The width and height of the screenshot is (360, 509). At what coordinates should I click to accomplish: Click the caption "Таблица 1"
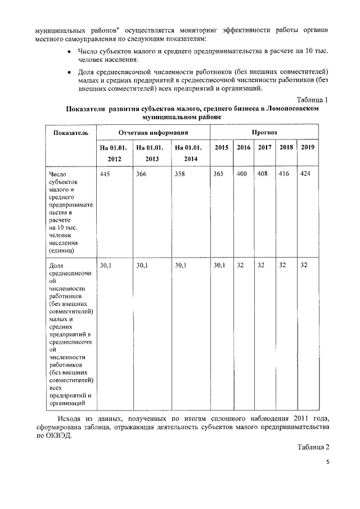tap(309, 100)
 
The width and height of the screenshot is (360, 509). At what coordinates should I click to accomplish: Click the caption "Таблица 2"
tap(309, 447)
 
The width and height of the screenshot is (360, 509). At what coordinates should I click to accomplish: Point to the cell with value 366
tap(142, 174)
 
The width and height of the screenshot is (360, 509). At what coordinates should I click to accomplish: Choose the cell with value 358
tap(180, 174)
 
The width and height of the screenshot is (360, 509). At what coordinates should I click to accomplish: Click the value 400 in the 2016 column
tap(242, 174)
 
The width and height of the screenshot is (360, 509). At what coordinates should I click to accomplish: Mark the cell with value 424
tap(306, 174)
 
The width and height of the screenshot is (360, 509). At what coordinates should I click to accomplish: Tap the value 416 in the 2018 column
tap(285, 174)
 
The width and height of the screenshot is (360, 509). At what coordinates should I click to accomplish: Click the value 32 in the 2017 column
tap(261, 264)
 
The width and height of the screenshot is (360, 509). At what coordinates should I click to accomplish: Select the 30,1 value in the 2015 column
tap(219, 264)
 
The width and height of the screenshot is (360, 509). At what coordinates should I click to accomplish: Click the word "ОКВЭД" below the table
tap(59, 436)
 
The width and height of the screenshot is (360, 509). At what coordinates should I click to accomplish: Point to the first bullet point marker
tap(69, 52)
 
